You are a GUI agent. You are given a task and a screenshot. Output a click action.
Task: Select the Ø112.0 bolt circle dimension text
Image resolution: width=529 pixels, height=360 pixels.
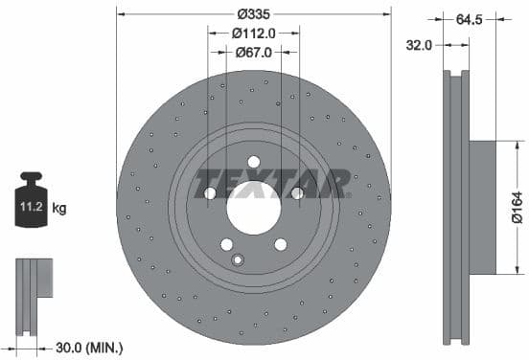click(254, 33)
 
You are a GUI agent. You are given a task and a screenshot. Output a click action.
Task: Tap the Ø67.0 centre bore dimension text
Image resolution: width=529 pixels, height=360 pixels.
click(254, 53)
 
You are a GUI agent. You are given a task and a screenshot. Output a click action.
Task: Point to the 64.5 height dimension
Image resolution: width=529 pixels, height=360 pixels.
click(469, 17)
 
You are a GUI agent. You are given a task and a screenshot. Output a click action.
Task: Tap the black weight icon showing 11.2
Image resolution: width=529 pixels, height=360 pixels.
click(31, 203)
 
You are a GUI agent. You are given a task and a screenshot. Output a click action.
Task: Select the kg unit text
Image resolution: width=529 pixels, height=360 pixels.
click(59, 207)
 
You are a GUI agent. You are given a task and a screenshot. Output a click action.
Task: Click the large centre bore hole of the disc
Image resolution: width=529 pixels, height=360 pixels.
click(254, 206)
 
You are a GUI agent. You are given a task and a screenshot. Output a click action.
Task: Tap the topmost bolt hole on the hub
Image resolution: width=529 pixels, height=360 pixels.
click(254, 161)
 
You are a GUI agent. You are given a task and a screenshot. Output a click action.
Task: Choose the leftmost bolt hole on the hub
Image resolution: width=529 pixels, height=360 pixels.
click(211, 192)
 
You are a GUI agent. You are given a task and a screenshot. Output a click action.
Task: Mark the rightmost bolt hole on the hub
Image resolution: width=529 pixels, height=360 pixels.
click(297, 192)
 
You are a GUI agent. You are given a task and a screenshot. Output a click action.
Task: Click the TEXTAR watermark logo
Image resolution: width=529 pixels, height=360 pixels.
click(271, 182)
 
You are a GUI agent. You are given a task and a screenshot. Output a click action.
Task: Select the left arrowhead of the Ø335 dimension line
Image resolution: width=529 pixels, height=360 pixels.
click(121, 12)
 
